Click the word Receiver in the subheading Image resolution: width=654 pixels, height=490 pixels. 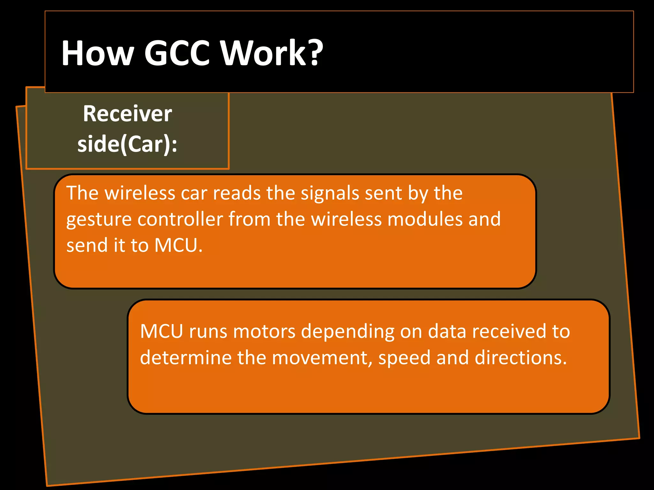[127, 114]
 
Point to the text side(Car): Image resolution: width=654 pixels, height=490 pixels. [127, 144]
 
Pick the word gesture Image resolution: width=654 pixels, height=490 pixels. [99, 220]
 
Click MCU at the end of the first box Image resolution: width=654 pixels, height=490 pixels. [178, 246]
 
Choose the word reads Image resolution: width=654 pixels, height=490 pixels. [237, 193]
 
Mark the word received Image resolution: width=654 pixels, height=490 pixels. [508, 331]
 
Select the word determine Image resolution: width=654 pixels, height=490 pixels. [186, 358]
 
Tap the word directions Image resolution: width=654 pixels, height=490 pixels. [521, 358]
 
